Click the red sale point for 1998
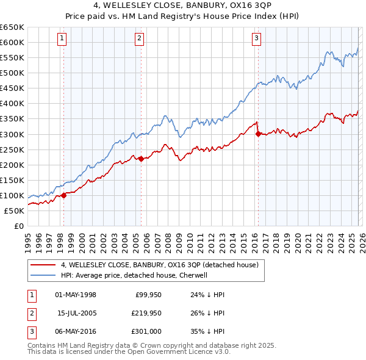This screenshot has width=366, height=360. pyautogui.click(x=63, y=196)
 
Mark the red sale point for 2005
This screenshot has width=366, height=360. pyautogui.click(x=141, y=159)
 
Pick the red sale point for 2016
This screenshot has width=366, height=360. pyautogui.click(x=258, y=134)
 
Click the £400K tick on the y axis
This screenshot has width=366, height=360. pyautogui.click(x=12, y=104)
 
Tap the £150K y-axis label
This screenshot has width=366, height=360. pyautogui.click(x=12, y=180)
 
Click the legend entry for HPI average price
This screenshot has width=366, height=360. pyautogui.click(x=134, y=275)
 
